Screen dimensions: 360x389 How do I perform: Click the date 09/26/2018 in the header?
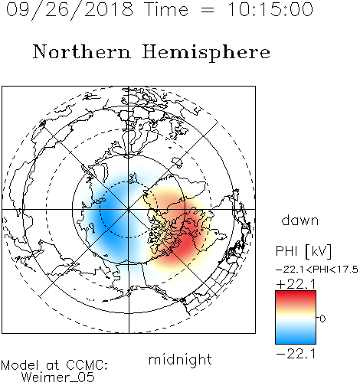point(70,10)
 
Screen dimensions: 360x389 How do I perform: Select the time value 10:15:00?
point(270,9)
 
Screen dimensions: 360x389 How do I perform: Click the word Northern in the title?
point(82,52)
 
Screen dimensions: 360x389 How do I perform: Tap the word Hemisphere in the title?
point(206,53)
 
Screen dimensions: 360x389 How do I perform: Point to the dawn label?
point(300,220)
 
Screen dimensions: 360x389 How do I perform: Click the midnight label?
point(180,360)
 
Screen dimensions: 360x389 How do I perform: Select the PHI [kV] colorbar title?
point(303,251)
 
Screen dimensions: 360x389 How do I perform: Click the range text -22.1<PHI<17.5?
point(317,270)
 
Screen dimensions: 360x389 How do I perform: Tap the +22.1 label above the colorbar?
point(296,284)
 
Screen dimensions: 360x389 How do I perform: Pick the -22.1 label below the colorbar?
point(296,354)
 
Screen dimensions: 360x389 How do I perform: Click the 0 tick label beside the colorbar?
point(322,319)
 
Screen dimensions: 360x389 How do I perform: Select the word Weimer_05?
point(58,378)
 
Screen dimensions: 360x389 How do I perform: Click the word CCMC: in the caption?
point(87,365)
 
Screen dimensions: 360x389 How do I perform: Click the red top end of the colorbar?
point(296,293)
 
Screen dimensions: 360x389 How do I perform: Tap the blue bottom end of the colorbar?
point(296,342)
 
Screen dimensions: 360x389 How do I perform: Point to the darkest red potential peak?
point(185,244)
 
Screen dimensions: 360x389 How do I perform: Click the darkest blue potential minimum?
point(107,217)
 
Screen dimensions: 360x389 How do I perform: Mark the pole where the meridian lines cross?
point(129,209)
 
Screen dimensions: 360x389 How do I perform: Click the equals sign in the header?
point(208,10)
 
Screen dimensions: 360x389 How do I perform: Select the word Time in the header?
point(166,9)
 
